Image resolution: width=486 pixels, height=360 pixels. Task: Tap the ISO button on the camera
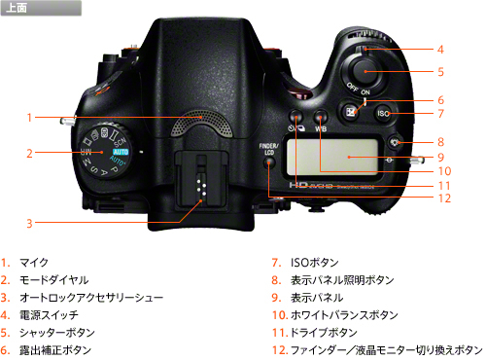click(x=383, y=113)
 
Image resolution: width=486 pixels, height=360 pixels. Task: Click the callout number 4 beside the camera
click(x=440, y=49)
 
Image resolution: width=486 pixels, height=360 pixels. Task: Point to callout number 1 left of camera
click(x=30, y=118)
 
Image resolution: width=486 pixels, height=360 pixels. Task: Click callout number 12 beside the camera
click(x=443, y=198)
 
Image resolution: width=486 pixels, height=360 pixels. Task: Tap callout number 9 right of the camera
click(x=440, y=157)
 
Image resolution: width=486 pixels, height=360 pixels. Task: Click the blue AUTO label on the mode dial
click(x=120, y=155)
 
